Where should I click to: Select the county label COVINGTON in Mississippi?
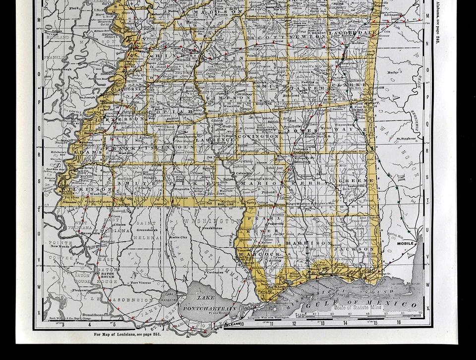[x=258, y=136]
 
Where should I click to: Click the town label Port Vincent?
[x=141, y=283]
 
